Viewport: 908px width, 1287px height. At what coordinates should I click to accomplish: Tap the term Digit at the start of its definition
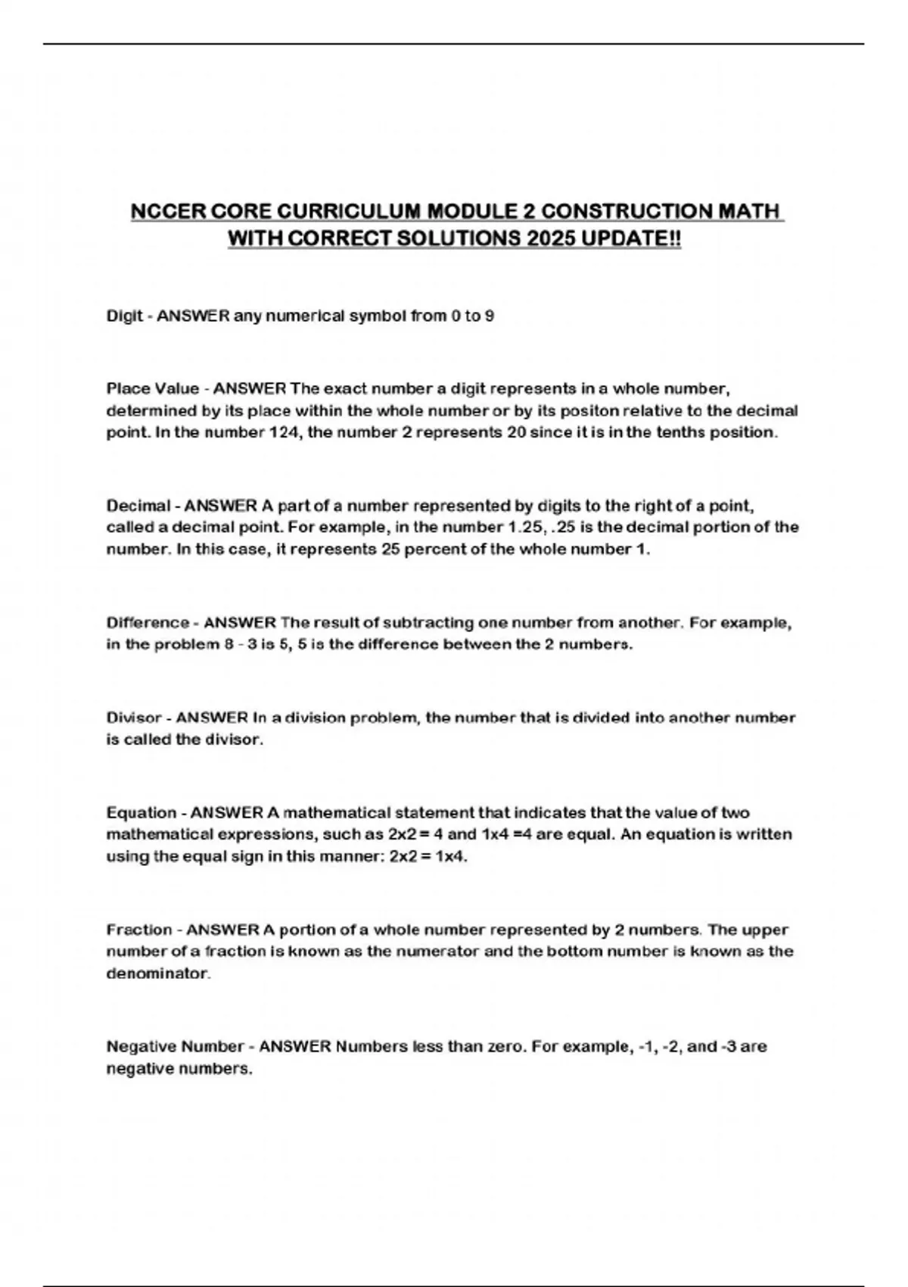(124, 316)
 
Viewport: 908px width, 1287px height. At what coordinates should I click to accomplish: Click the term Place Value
(153, 389)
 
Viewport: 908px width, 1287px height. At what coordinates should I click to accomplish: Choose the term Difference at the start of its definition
(148, 623)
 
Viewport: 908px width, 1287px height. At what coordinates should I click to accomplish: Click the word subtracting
(428, 623)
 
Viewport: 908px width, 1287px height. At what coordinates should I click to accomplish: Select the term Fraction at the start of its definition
(139, 930)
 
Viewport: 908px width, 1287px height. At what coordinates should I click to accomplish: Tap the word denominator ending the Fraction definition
(157, 974)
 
